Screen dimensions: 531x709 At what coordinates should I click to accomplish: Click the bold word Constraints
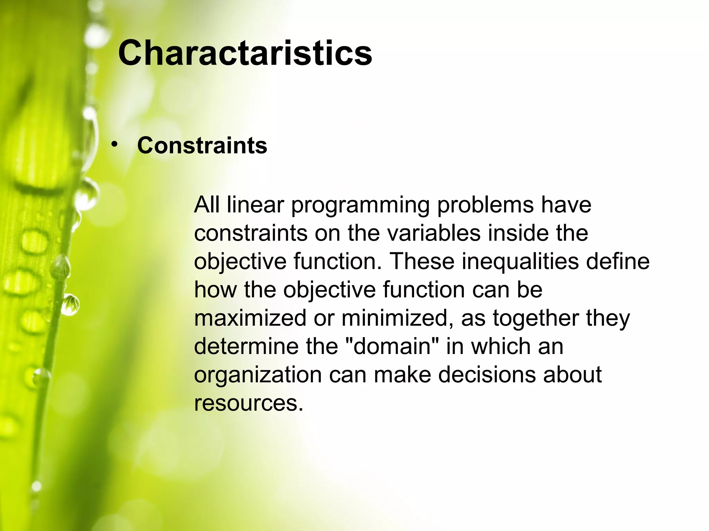[202, 145]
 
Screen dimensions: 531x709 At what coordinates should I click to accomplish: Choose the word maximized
[250, 318]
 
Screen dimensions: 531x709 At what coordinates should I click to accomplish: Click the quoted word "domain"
[392, 346]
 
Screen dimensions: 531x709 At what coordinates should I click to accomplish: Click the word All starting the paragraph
[207, 205]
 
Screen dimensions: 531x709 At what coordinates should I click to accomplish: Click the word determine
[246, 346]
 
